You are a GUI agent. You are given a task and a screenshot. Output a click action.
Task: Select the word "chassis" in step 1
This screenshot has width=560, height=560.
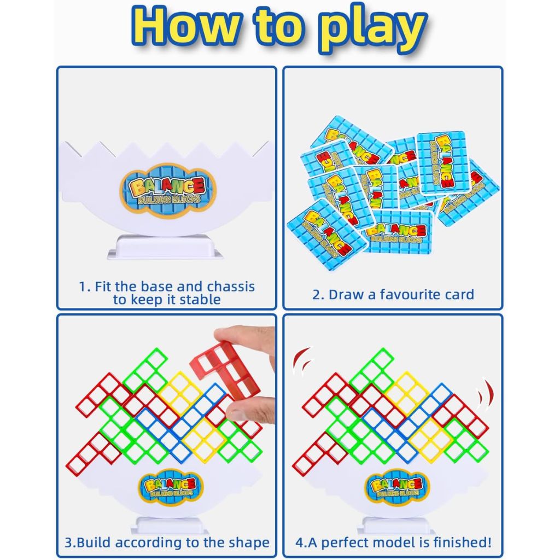tap(231, 287)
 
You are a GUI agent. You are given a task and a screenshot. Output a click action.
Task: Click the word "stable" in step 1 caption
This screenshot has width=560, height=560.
tap(200, 299)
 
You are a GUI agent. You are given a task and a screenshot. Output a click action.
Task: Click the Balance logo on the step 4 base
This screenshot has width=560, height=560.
tap(396, 487)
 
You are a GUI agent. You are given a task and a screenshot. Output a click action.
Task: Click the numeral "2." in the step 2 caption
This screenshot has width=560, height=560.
tap(318, 295)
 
